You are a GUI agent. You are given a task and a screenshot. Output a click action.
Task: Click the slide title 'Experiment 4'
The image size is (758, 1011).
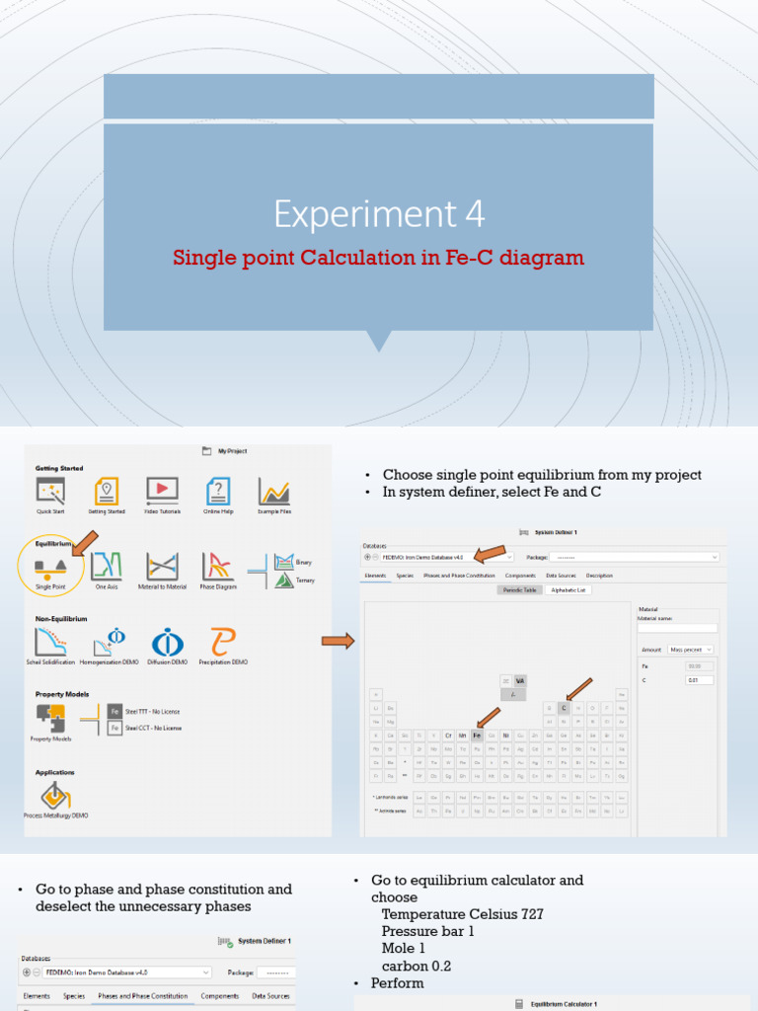point(379,213)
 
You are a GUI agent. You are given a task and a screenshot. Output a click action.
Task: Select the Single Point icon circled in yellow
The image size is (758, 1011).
point(50,567)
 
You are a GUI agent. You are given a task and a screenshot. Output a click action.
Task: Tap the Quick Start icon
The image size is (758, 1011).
point(49,491)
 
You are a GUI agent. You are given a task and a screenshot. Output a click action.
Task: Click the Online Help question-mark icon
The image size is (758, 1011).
point(218,491)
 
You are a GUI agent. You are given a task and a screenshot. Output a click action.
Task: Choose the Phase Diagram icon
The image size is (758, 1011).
point(217,567)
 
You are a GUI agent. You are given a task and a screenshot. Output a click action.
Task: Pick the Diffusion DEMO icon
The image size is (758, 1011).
point(167,643)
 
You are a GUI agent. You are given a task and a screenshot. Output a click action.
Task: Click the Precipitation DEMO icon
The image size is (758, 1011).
point(222,643)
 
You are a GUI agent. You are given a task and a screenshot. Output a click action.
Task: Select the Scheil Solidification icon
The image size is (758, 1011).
point(49,643)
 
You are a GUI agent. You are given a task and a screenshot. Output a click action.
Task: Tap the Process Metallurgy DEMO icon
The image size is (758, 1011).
point(55,795)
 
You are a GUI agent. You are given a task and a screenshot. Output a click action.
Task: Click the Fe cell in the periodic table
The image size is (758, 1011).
point(477,736)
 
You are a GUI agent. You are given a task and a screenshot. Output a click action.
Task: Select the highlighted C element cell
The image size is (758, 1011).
point(564,708)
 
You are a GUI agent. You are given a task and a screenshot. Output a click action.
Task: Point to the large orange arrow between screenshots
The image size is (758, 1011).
point(338,642)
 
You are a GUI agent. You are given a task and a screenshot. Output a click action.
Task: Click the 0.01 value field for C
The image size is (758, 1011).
point(699,680)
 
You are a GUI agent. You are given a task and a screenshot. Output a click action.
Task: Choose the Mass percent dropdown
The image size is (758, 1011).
point(690,650)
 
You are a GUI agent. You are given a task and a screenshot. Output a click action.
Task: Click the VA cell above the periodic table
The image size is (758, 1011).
point(520,680)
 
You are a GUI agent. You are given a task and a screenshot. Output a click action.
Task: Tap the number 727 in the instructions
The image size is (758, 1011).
point(531,914)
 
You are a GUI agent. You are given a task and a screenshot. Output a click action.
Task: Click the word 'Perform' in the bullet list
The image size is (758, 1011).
point(397,983)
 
